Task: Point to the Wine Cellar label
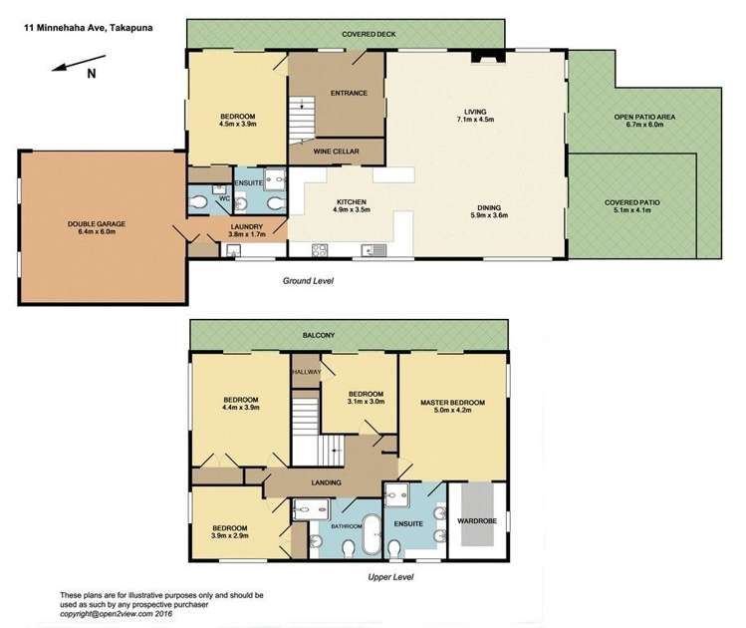336,152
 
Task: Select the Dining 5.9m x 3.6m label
487,210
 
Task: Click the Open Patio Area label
644,122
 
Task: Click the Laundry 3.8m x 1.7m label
246,231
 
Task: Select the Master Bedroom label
451,407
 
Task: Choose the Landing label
326,482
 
